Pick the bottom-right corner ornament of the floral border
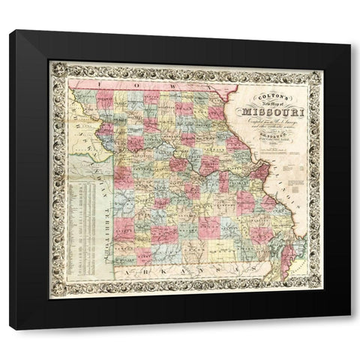[316, 293]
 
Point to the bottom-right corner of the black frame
[349, 328]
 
